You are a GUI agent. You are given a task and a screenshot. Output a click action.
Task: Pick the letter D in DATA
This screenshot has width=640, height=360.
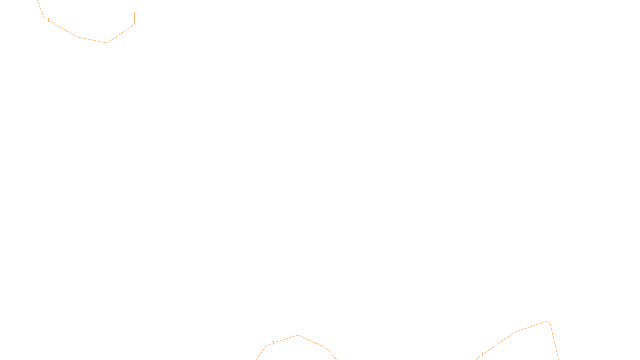click(334, 353)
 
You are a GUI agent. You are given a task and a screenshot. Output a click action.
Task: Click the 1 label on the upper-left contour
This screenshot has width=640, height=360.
click(48, 20)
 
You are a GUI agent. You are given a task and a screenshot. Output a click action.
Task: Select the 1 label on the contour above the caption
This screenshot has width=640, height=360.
click(273, 343)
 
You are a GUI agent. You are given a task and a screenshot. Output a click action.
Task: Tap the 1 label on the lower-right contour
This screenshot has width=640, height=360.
click(482, 354)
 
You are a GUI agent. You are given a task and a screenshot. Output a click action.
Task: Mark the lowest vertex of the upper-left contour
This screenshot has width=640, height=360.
click(107, 43)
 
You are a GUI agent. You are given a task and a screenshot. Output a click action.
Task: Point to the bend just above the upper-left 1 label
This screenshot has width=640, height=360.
click(43, 16)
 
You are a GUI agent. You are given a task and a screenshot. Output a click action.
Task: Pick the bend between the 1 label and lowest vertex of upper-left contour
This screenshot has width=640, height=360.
click(77, 37)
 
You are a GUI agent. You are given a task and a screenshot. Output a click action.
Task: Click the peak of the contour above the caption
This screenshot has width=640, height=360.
click(298, 335)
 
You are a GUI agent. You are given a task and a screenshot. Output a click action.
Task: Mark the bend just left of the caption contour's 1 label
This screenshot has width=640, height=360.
click(266, 346)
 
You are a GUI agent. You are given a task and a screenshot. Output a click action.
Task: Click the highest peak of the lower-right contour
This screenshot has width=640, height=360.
click(546, 321)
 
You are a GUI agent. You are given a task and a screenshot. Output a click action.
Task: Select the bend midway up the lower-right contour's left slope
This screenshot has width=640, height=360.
click(515, 332)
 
